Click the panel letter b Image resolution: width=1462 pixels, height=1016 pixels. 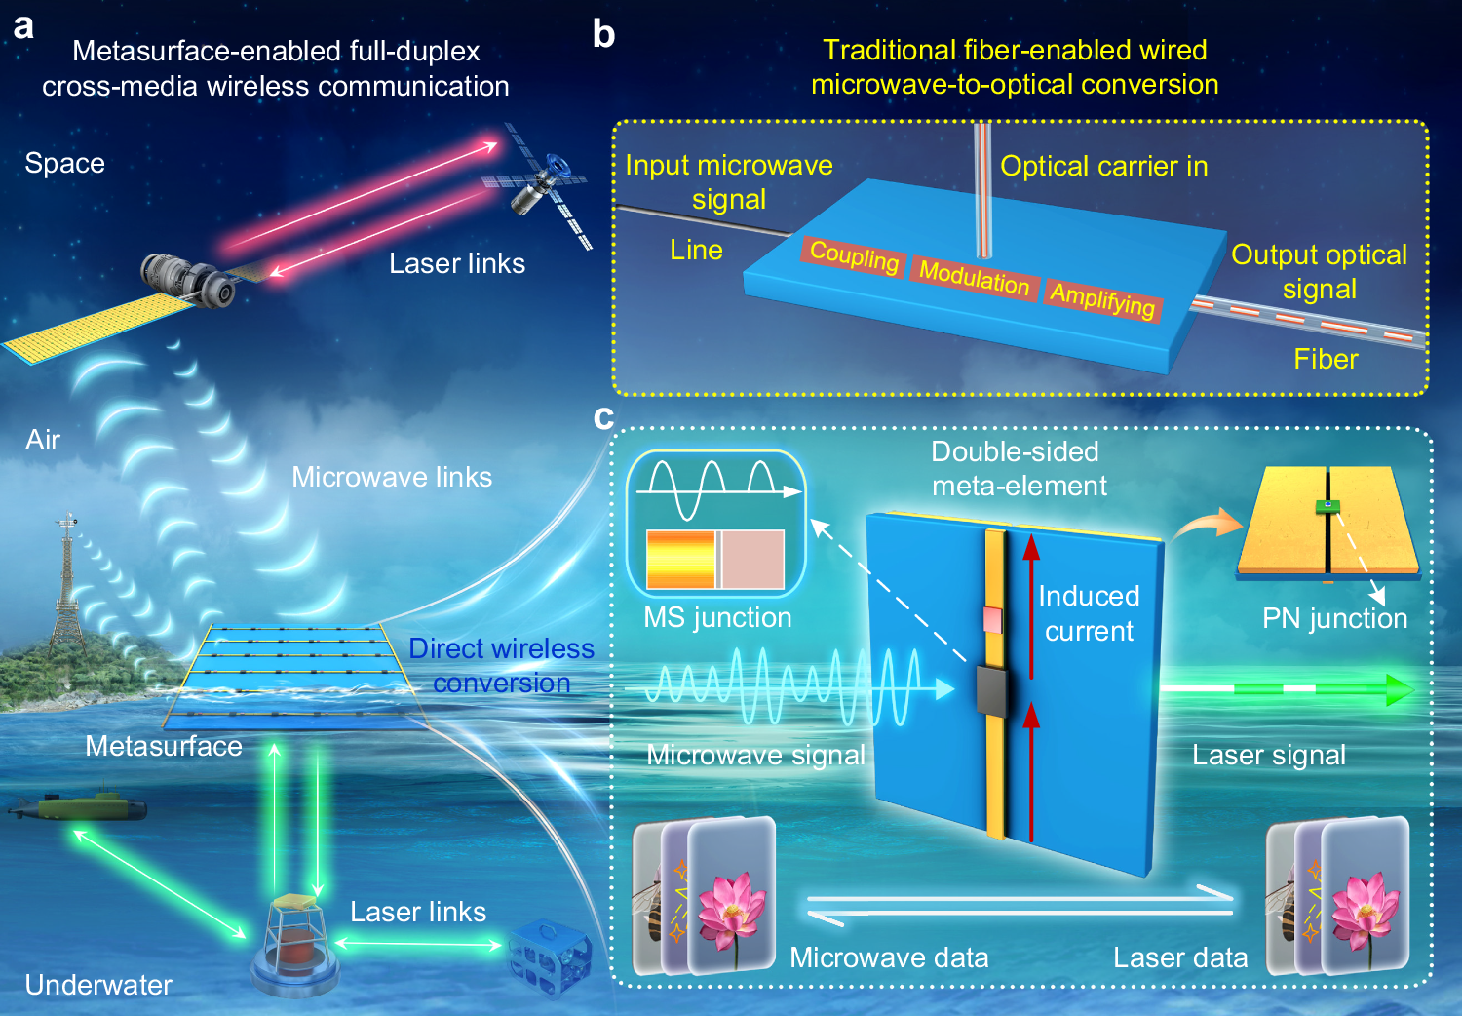[604, 35]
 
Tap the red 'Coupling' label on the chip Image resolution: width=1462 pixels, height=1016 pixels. [854, 255]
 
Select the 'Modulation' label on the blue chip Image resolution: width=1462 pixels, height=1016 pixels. [974, 277]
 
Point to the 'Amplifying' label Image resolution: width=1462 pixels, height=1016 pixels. [1102, 298]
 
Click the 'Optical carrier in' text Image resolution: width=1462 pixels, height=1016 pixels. [1103, 166]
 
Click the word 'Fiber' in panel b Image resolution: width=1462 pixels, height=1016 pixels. [1326, 360]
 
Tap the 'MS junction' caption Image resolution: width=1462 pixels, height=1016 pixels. [717, 617]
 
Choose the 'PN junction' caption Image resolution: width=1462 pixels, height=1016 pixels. [1334, 618]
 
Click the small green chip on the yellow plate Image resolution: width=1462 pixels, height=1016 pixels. [1327, 505]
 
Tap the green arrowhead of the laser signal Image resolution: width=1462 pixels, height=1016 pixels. [1400, 690]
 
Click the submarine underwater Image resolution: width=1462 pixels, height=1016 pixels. [78, 807]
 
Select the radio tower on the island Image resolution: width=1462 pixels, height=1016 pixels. [67, 585]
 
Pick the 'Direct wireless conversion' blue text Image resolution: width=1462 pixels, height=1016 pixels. [501, 665]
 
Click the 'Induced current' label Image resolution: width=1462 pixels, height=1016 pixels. [1089, 613]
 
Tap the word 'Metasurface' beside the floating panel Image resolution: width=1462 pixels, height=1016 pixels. [164, 746]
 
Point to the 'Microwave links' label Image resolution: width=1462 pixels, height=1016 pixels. [392, 477]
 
